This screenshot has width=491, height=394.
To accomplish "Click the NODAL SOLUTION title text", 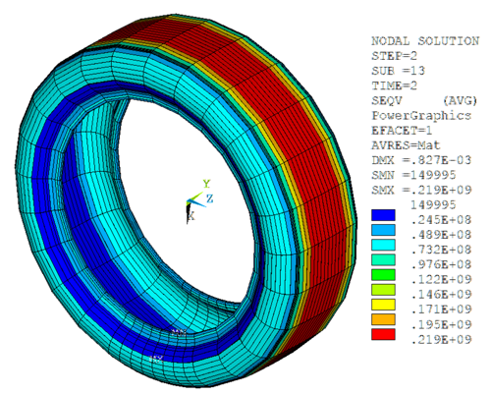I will tap(418, 41).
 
